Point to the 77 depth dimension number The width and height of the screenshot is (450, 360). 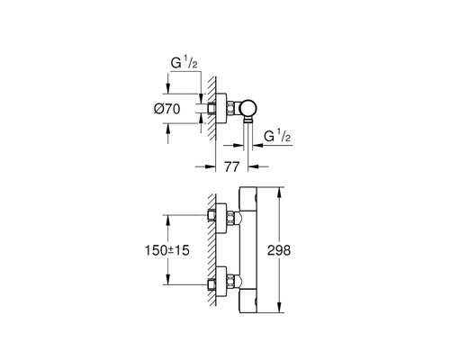pos(230,167)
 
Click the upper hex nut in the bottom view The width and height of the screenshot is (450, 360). pos(229,217)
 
